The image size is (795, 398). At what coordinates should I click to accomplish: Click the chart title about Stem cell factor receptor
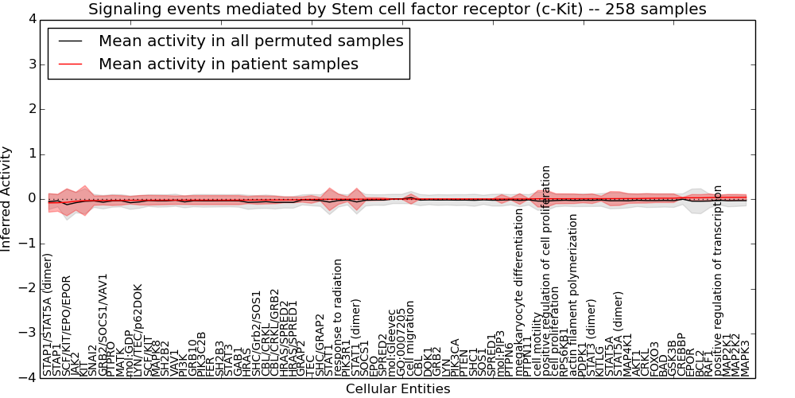[397, 10]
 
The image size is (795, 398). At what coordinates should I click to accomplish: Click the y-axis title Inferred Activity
[7, 198]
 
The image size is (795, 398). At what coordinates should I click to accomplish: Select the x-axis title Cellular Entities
[397, 389]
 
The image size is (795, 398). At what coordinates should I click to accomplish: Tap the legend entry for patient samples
[228, 64]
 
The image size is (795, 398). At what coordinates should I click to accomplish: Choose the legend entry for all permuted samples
[250, 41]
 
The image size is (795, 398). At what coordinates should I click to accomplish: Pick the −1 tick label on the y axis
[29, 244]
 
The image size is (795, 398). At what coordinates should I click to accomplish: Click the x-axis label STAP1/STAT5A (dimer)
[48, 314]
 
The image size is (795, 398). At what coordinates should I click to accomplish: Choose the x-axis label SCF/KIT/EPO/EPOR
[67, 325]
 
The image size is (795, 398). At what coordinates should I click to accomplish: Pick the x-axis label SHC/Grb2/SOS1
[257, 327]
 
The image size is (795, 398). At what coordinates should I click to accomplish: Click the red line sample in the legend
[69, 64]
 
